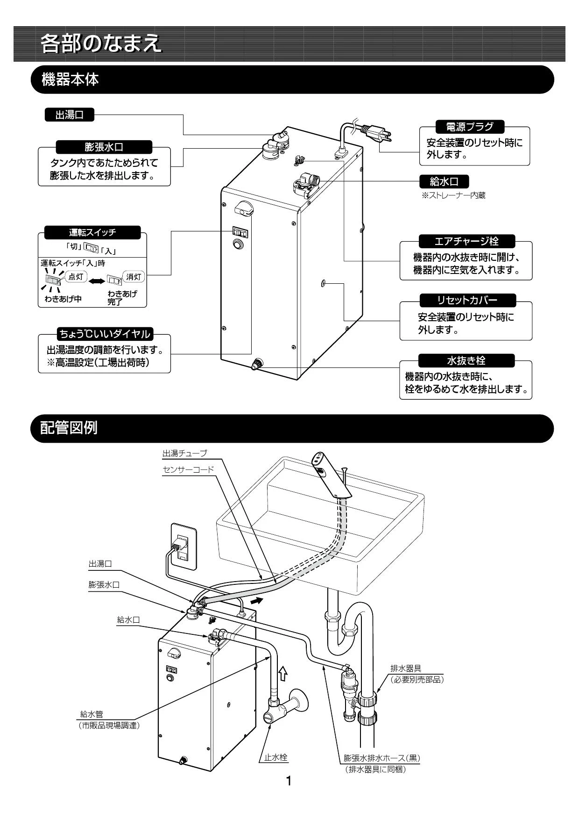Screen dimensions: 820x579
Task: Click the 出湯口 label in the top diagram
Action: (69, 115)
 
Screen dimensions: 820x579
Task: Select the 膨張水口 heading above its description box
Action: (104, 147)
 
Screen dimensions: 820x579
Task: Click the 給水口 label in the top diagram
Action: (444, 181)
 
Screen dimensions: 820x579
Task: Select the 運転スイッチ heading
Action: (92, 232)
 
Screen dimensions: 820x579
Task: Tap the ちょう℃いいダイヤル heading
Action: (104, 334)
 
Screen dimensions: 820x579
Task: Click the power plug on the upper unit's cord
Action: (377, 133)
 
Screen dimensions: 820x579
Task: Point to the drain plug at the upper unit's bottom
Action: (257, 364)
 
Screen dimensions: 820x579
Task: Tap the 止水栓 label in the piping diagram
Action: (276, 757)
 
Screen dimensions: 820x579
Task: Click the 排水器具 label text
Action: (405, 669)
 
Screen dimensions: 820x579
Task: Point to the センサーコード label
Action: (188, 469)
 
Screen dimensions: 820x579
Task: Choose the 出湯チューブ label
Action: (184, 453)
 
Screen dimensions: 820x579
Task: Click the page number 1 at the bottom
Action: (289, 781)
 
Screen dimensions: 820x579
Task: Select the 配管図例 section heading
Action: (69, 428)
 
